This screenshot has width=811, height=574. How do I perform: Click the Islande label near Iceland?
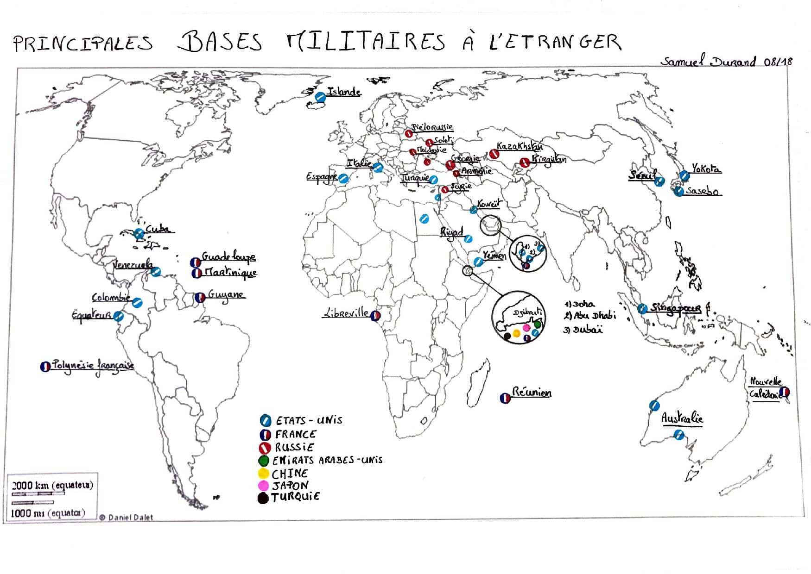coord(344,92)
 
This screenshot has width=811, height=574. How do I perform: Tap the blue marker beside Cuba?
coord(139,234)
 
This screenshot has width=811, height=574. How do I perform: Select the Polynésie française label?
coord(93,366)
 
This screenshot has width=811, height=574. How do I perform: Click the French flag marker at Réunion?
coord(505,398)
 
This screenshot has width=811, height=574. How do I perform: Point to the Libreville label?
coord(346,313)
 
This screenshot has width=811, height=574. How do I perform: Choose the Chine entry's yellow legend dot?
coord(263,474)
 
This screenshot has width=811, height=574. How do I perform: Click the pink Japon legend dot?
coord(263,486)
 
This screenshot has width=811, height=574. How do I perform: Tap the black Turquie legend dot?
coord(263,498)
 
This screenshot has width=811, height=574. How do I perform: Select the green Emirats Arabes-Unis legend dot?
coord(264,461)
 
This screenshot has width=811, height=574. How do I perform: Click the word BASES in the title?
coord(220,42)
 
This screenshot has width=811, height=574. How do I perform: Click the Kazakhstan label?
coord(519,147)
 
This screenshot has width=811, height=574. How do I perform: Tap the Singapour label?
coord(676,308)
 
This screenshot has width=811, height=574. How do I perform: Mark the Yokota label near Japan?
coord(706,169)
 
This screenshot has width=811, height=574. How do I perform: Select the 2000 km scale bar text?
coord(52,485)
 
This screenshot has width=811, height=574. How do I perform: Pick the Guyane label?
coord(226,295)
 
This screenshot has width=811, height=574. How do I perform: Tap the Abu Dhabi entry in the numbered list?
coord(590,316)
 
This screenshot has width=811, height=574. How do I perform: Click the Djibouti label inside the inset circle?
coord(527,313)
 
